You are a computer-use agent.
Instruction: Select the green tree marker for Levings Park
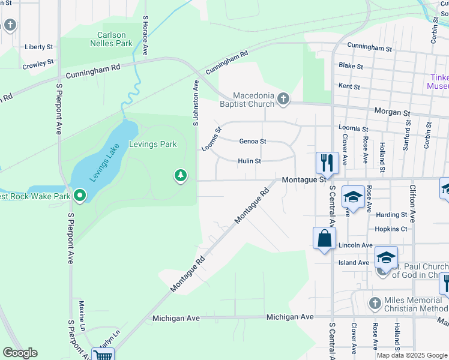tap(180, 175)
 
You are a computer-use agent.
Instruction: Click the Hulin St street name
tap(249, 161)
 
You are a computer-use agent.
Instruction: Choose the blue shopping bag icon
tap(324, 238)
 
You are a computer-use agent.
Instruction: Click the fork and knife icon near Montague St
tap(327, 163)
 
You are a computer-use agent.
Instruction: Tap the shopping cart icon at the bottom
tap(103, 355)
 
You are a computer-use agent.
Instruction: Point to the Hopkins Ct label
tap(391, 229)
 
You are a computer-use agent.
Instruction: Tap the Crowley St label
tap(38, 62)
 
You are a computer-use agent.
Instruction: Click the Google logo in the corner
tap(20, 353)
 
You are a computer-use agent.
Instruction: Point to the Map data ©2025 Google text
tap(411, 355)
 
